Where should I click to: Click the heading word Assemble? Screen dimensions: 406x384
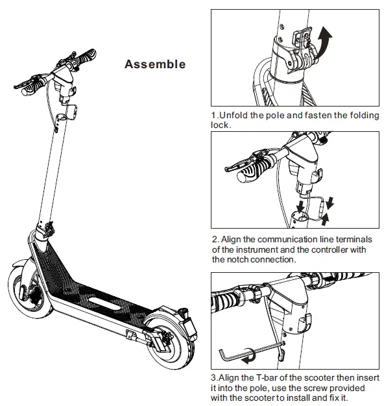(x=154, y=64)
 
